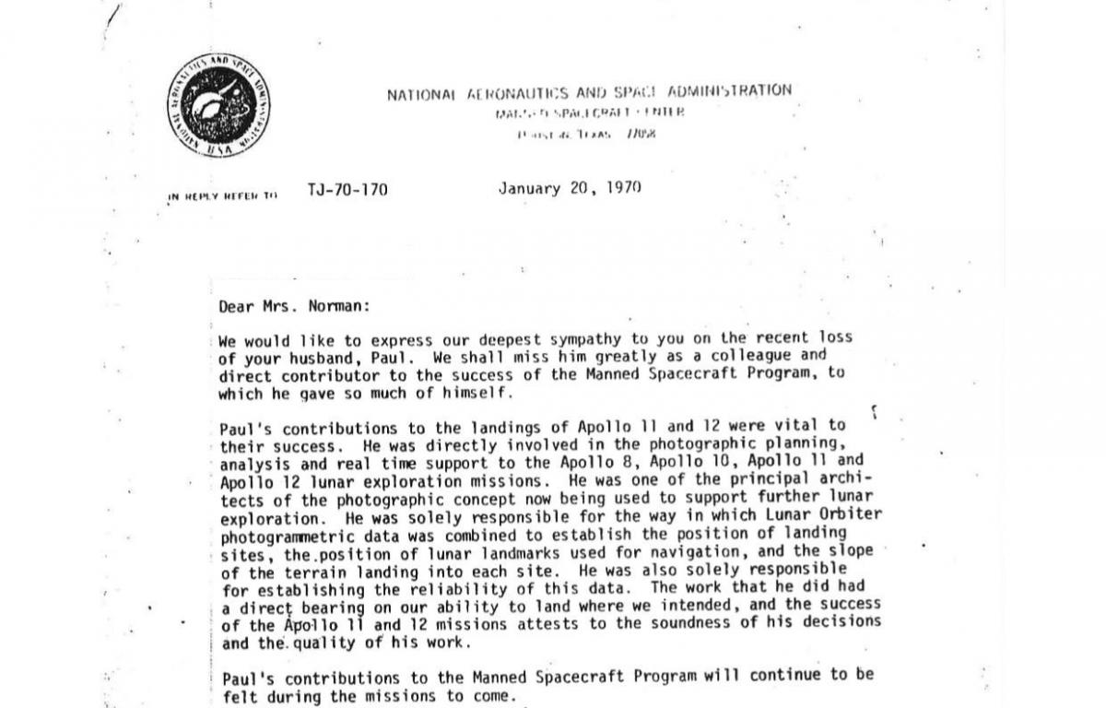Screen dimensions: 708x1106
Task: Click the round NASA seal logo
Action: (218, 104)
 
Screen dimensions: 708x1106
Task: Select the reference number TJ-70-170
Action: (347, 191)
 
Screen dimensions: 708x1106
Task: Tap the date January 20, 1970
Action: (570, 189)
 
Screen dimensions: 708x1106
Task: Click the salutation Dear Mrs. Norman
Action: (295, 307)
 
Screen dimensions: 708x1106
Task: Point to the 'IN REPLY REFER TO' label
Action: (222, 195)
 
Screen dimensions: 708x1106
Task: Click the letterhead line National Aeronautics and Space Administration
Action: (589, 92)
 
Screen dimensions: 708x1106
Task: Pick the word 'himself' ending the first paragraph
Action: (476, 393)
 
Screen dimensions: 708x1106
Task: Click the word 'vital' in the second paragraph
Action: (801, 426)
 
